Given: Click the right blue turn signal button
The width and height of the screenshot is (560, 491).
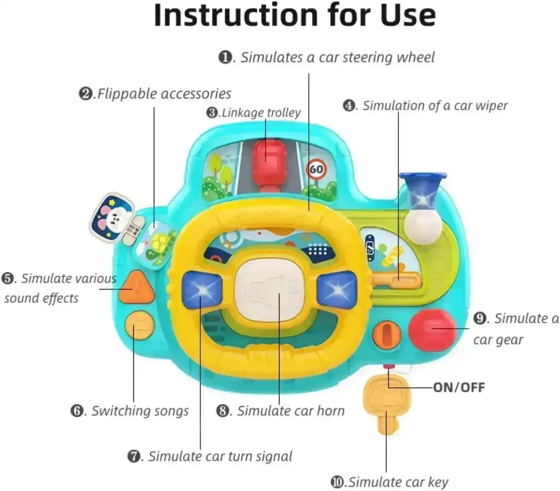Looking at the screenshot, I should [x=337, y=290].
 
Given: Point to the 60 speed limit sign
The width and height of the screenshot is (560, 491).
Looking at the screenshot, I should [x=316, y=169].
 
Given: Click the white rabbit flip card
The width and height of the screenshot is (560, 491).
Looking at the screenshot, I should [x=113, y=217].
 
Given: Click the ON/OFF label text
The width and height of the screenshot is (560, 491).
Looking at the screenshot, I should [x=459, y=387].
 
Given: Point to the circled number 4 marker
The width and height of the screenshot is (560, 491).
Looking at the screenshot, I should [x=349, y=105].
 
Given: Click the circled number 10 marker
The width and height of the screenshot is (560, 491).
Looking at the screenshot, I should [x=337, y=482].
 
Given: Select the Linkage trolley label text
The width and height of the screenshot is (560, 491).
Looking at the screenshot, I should [x=261, y=113].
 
